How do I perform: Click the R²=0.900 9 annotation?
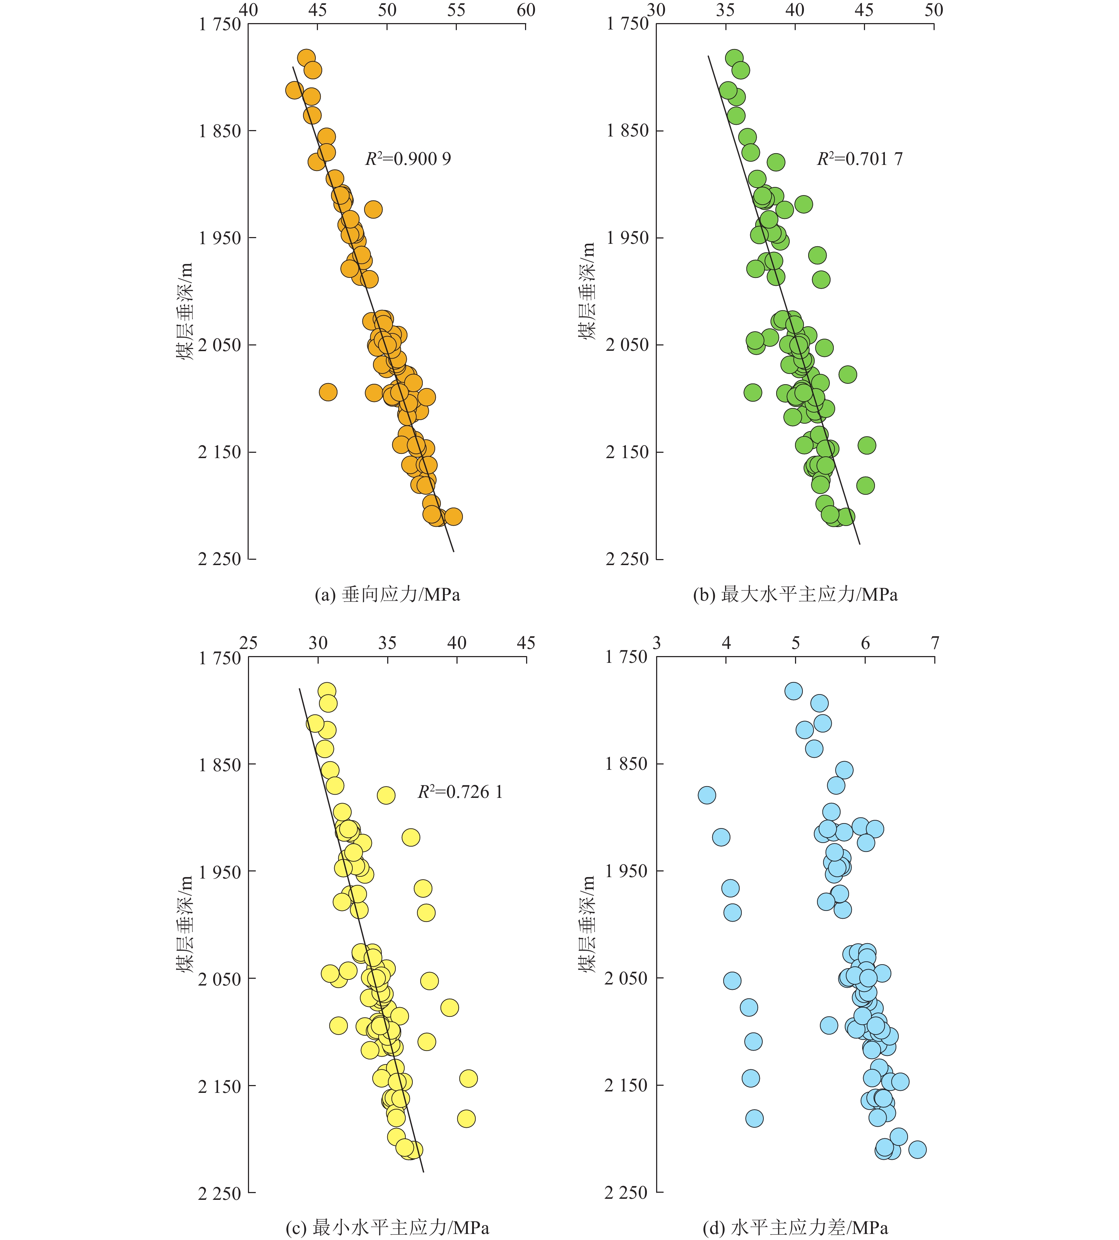point(408,159)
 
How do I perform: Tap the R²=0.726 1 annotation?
point(460,792)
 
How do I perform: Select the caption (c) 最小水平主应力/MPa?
point(387,1228)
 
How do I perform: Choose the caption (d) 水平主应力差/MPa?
point(795,1228)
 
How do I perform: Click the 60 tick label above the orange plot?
point(526,10)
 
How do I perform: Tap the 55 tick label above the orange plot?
point(456,10)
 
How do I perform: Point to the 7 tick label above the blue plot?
point(935,643)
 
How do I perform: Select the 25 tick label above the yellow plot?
point(248,643)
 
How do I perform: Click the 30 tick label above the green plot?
point(656,10)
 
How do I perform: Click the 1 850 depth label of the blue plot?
point(627,764)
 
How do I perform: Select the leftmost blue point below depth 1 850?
point(707,795)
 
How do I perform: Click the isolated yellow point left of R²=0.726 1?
point(385,795)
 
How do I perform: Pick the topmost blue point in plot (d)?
point(793,691)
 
